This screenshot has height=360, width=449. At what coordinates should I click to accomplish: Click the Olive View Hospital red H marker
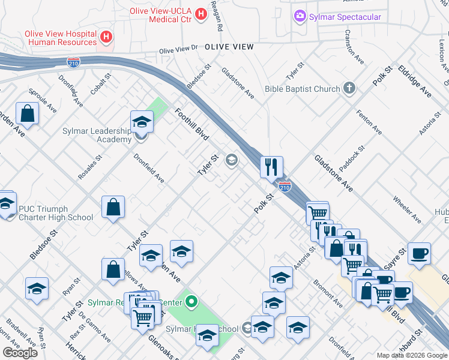pyautogui.click(x=106, y=37)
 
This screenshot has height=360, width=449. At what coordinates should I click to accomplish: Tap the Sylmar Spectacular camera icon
pyautogui.click(x=300, y=17)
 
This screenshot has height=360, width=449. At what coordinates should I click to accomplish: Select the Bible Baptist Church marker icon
pyautogui.click(x=349, y=89)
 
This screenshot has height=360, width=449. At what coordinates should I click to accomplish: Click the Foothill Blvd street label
pyautogui.click(x=191, y=124)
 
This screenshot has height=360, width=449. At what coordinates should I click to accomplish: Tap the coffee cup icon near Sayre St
pyautogui.click(x=419, y=252)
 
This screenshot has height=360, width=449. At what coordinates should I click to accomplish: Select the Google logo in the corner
pyautogui.click(x=20, y=353)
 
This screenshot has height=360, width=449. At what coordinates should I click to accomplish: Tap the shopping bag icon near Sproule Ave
pyautogui.click(x=28, y=112)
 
